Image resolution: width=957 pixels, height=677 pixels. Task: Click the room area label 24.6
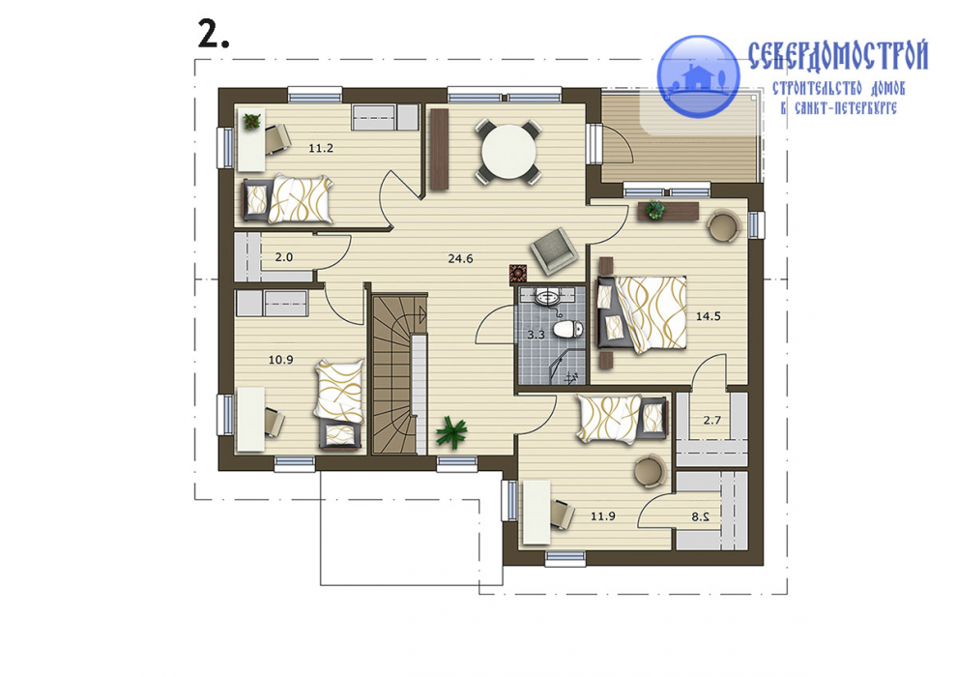point(460,259)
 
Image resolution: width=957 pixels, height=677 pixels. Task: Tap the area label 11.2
point(321,148)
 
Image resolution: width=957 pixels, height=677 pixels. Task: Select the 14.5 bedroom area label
point(709,316)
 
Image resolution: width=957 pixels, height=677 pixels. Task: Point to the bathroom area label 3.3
point(536,335)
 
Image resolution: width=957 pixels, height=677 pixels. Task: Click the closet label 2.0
point(284,257)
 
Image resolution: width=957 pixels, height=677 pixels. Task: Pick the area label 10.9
point(280,360)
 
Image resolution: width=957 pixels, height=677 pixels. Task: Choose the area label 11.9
point(602,515)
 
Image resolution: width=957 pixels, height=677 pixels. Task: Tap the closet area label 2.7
point(712,420)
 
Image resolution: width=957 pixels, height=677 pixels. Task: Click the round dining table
point(508,151)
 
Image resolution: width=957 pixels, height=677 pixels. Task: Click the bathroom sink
point(547,299)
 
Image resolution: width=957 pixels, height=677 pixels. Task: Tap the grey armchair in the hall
point(554,250)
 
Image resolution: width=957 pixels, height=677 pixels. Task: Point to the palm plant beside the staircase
point(451,431)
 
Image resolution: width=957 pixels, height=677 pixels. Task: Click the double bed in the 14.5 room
point(642,314)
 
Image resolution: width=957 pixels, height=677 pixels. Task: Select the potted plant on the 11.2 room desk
point(251,121)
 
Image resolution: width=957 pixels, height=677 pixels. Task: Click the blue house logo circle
point(698,76)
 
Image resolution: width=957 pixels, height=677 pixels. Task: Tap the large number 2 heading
point(214,34)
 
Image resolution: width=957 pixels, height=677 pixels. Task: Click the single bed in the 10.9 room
point(339,404)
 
